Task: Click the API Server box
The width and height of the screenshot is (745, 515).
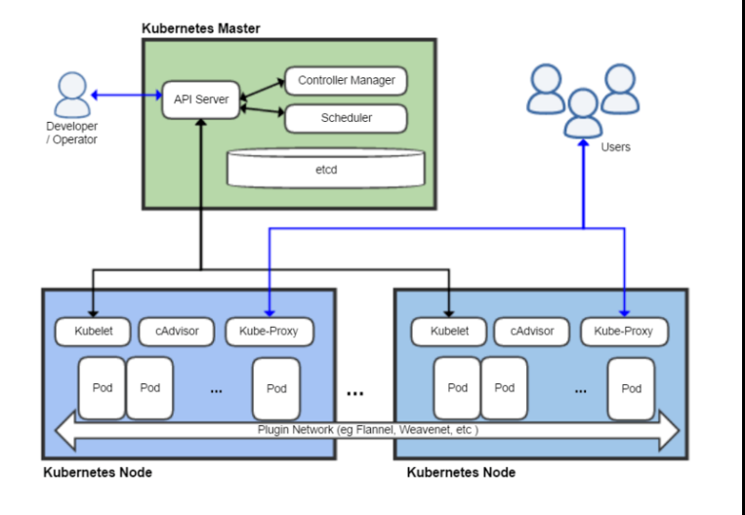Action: point(201,99)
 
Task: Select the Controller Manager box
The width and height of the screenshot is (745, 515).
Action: point(346,81)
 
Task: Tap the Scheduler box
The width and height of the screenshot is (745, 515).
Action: point(346,118)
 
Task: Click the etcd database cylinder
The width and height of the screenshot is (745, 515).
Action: point(326,169)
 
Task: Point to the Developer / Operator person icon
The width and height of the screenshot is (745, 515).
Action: point(72,95)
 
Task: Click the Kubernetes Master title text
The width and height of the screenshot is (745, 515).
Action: point(201,28)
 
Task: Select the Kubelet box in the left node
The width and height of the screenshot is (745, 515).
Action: point(93,332)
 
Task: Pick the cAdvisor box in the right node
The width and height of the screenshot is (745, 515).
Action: point(532,332)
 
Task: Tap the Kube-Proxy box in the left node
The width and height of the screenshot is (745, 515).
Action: point(269,332)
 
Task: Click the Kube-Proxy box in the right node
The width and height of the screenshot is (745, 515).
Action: point(624,332)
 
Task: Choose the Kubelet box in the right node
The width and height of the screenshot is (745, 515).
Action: point(449,332)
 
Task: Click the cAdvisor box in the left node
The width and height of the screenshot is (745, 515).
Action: point(177,332)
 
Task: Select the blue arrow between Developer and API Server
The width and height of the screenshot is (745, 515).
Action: point(126,96)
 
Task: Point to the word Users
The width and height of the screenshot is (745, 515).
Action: point(615,147)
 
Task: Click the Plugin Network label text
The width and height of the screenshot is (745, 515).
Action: point(368,430)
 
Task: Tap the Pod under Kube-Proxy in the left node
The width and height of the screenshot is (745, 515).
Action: point(276,389)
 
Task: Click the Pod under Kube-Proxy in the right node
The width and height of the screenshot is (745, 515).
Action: point(632,389)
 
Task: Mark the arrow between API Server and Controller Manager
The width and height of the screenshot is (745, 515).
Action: point(263,90)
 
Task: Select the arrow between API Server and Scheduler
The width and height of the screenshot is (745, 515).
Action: point(263,110)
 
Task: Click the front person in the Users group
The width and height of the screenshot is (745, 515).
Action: point(584,114)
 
